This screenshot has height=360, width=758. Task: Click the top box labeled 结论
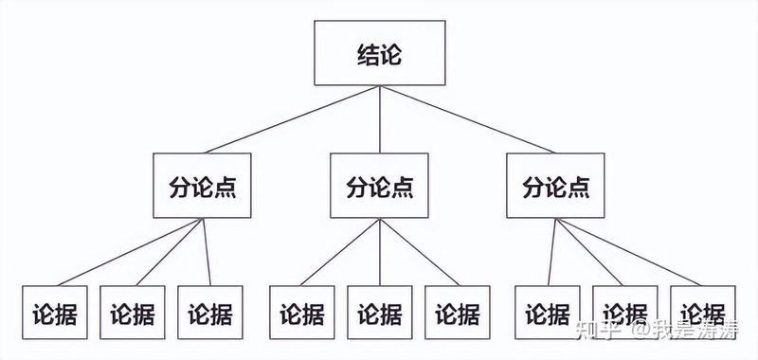point(379,54)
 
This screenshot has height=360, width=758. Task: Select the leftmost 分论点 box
point(203,186)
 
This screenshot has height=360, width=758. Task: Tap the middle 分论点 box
point(379,186)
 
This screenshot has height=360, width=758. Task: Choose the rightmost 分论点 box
point(555,186)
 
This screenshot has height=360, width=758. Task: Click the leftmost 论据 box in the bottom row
point(54,312)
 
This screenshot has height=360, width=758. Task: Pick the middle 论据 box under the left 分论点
point(132,312)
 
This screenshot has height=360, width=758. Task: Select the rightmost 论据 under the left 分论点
point(209,312)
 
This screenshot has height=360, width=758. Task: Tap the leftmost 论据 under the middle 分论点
point(301,312)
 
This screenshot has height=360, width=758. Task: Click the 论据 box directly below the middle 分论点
point(379,312)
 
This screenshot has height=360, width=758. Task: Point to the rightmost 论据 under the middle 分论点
point(457,312)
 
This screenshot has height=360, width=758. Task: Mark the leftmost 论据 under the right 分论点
point(549,312)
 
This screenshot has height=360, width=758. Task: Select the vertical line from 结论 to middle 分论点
point(379,117)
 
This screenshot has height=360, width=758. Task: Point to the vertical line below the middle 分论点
point(379,250)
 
